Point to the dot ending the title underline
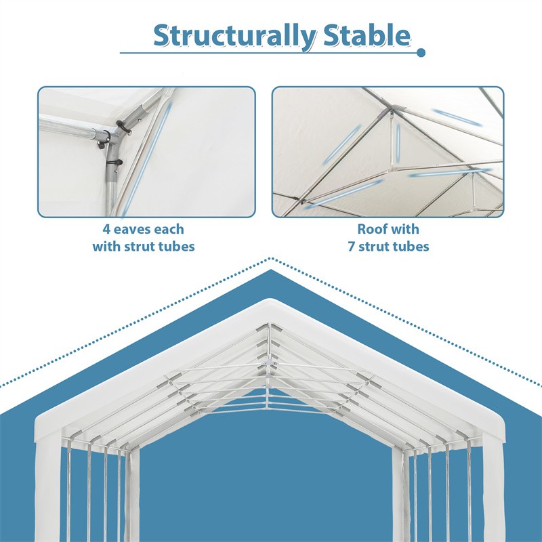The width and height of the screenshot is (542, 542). click(421, 52)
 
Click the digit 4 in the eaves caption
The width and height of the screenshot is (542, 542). click(106, 230)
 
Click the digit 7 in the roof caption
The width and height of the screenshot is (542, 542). click(352, 247)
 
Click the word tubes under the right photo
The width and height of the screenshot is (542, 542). click(409, 247)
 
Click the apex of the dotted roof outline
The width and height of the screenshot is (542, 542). click(271, 258)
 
